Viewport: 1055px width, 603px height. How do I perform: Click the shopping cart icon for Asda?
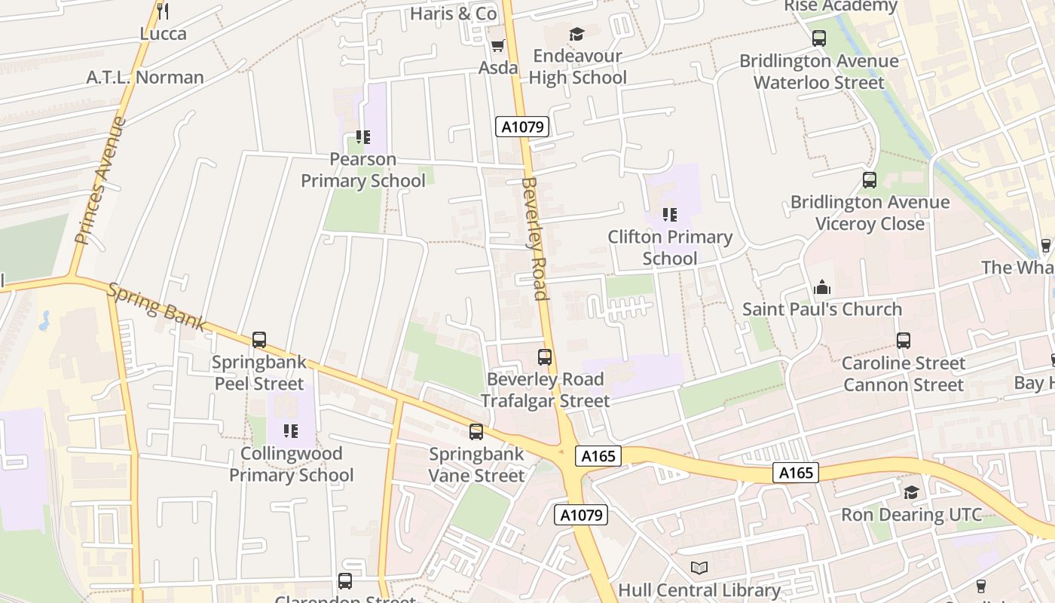pos(497,46)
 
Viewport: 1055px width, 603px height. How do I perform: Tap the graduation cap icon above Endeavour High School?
pos(576,34)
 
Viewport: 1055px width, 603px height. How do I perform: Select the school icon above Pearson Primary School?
pos(363,137)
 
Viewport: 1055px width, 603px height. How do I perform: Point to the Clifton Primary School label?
pos(670,247)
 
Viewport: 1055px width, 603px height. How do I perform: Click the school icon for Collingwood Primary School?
pos(291,431)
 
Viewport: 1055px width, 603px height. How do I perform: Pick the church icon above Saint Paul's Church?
pos(822,287)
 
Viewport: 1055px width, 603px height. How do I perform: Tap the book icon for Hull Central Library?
pos(699,568)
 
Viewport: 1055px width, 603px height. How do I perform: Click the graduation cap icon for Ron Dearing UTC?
pos(911,493)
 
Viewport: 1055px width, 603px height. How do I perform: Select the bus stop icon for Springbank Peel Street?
pos(259,340)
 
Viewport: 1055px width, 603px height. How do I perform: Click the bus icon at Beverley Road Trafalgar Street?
pos(545,357)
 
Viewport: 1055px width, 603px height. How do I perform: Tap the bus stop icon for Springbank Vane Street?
pos(476,432)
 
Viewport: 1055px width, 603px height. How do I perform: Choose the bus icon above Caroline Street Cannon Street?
pos(904,341)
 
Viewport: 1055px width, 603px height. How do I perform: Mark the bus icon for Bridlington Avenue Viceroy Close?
pos(870,180)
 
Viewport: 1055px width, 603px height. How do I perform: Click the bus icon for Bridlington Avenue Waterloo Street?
pos(819,38)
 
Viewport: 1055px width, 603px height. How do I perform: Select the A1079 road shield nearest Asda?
pos(522,127)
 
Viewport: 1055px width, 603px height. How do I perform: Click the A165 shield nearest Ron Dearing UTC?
pos(796,473)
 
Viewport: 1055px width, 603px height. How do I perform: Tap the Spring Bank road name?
pos(157,307)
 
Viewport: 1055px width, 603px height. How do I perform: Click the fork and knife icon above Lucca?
pos(162,11)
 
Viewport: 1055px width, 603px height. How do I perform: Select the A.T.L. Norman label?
pos(145,77)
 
